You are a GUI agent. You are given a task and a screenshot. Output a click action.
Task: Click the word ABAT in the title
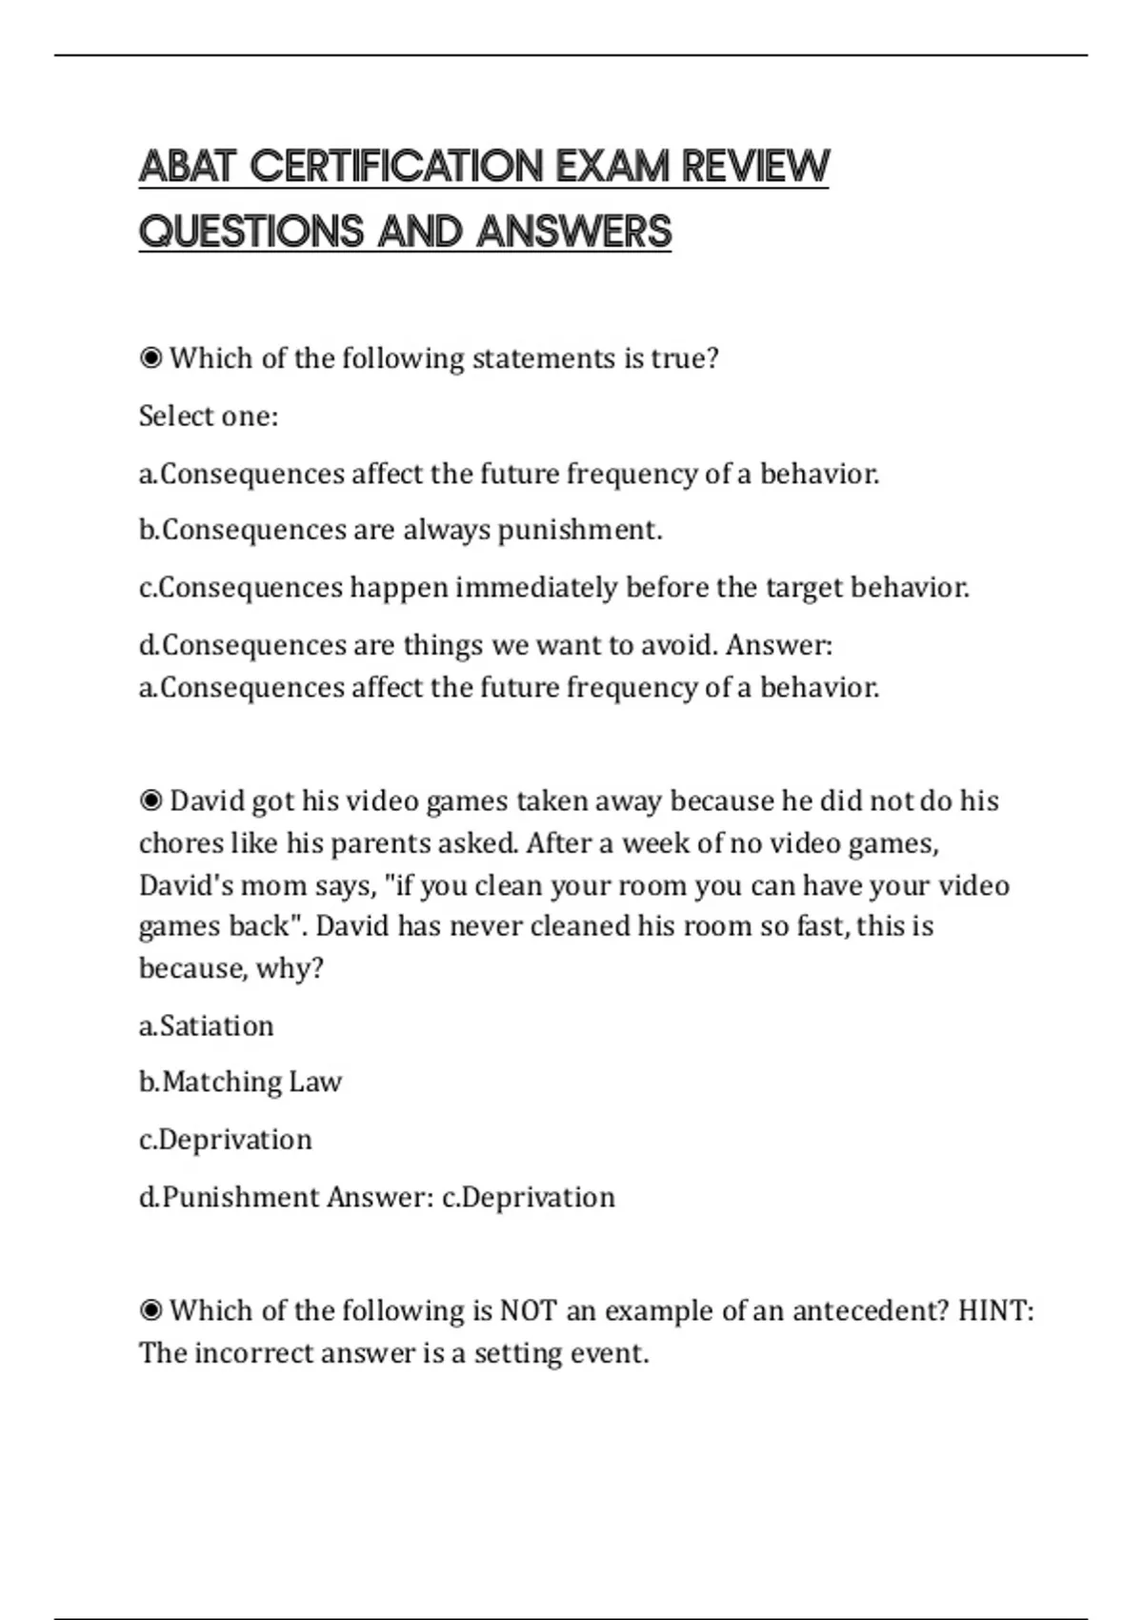coord(187,167)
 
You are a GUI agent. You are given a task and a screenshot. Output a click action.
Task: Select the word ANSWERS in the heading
coord(574,232)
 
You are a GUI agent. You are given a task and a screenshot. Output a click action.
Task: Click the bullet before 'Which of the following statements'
coord(150,358)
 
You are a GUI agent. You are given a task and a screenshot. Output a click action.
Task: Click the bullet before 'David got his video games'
coord(150,800)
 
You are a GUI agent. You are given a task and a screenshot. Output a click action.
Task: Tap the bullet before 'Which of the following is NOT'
coord(150,1310)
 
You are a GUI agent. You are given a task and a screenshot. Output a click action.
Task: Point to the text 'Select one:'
coord(209,416)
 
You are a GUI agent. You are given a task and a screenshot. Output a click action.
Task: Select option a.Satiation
coord(207,1025)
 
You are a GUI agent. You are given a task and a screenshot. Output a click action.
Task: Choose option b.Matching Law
coord(240,1082)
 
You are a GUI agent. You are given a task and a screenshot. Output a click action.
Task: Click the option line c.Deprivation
coord(226,1140)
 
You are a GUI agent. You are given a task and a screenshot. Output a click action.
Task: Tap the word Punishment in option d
coord(241,1197)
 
